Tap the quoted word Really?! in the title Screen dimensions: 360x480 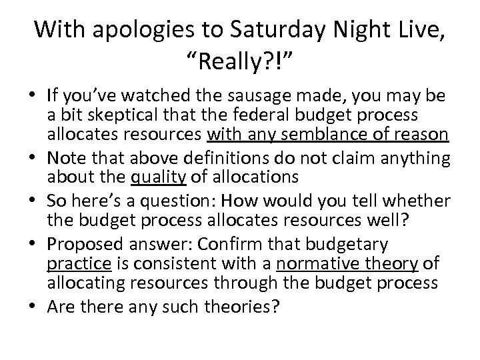[239, 65]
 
